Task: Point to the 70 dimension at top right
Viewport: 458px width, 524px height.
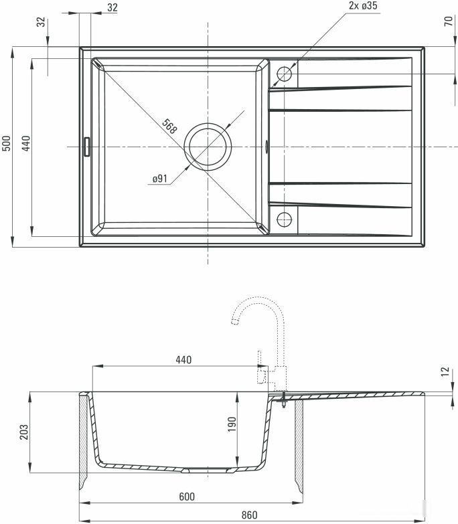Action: pos(448,21)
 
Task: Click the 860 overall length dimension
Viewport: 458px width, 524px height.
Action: pos(250,515)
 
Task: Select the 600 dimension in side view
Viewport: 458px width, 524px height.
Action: pos(187,496)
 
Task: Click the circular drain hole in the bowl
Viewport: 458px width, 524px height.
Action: pos(208,146)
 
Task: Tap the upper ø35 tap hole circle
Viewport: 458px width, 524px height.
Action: pos(285,74)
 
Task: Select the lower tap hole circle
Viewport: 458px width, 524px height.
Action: pos(285,218)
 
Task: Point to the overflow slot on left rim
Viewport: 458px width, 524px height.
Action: pos(86,146)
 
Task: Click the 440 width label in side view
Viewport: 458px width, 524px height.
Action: pos(183,360)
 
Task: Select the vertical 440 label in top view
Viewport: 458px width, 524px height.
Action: pos(26,145)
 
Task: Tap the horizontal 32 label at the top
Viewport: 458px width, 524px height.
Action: pos(112,7)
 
